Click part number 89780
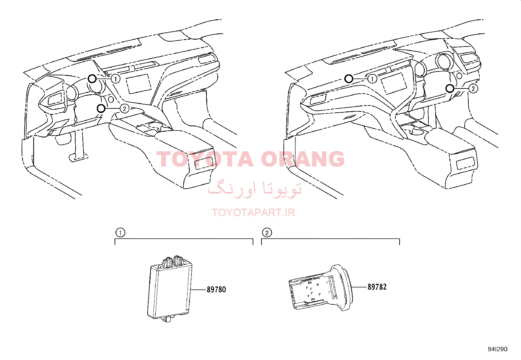pos(216,290)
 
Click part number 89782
pos(377,287)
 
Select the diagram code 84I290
pos(497,349)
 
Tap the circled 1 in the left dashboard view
pos(116,79)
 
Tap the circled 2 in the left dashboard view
pos(124,108)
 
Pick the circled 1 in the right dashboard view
pos(372,79)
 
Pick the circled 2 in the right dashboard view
pos(473,89)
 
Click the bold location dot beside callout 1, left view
pos(92,79)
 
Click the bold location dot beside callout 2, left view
pos(101,108)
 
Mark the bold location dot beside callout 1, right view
pos(349,79)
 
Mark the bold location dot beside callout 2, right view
pos(450,88)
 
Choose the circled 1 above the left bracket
pos(120,233)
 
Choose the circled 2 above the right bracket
pos(267,233)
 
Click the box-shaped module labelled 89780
pos(170,290)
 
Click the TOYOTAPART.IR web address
pos(253,213)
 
